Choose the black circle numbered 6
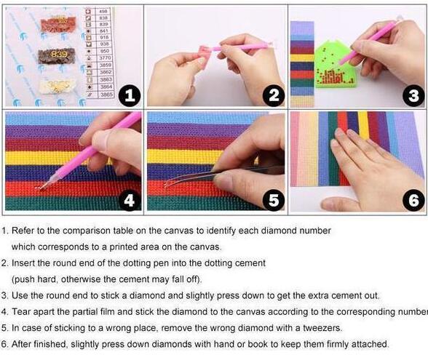pyautogui.click(x=411, y=201)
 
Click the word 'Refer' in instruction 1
pyautogui.click(x=23, y=230)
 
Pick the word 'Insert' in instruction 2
pyautogui.click(x=24, y=263)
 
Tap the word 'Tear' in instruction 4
pyautogui.click(x=21, y=311)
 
